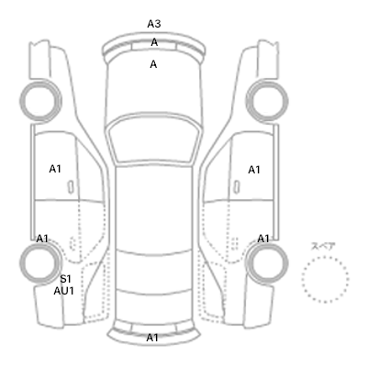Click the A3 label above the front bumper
click(154, 24)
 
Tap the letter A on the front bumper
click(154, 42)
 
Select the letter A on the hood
click(153, 64)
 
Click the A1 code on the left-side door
click(55, 169)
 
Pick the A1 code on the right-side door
click(254, 170)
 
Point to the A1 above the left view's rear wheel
click(42, 239)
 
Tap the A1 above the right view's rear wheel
click(263, 239)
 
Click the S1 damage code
click(65, 279)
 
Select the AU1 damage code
click(64, 291)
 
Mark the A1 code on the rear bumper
click(152, 338)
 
